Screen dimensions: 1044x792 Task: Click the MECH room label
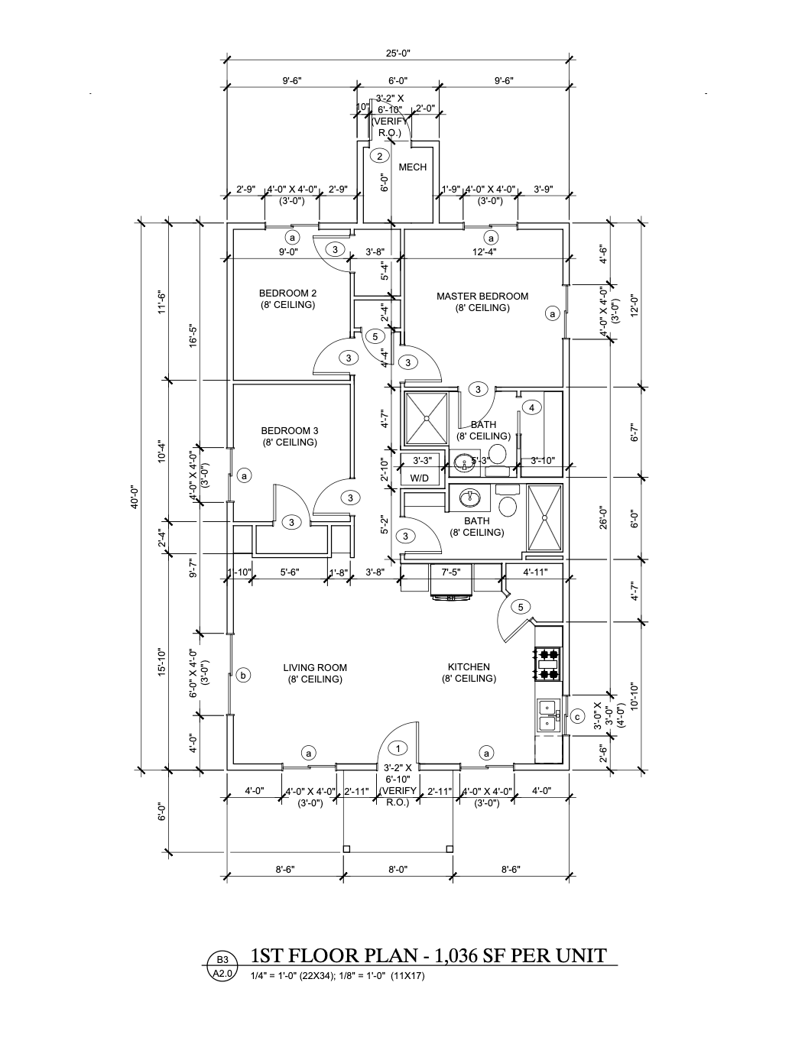point(412,167)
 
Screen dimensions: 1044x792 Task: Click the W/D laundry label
point(420,478)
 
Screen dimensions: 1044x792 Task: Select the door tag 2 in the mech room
point(378,156)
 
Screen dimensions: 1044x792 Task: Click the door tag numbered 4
point(531,407)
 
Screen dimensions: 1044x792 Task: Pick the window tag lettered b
point(243,675)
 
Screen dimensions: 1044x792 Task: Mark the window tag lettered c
point(577,716)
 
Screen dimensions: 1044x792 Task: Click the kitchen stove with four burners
point(547,663)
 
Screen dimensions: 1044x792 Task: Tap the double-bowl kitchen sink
point(547,715)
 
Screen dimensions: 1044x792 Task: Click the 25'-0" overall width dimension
point(398,53)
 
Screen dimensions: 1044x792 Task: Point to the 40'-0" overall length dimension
point(134,497)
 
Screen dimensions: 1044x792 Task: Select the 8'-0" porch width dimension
point(398,869)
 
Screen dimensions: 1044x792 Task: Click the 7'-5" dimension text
point(451,572)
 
